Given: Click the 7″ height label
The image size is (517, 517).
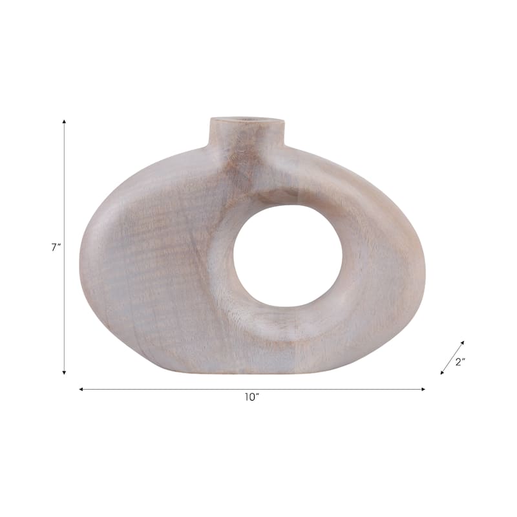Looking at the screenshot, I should click(56, 248).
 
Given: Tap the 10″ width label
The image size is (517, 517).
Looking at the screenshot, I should click(251, 397).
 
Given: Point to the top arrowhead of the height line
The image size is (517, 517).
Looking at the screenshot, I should click(64, 121).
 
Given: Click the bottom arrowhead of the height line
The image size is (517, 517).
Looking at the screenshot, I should click(64, 372).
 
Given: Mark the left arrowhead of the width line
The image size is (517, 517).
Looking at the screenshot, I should click(81, 389).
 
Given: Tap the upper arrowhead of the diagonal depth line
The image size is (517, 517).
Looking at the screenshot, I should click(463, 343).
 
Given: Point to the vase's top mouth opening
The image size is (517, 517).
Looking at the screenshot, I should click(247, 120).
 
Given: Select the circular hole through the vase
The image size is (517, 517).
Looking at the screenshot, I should click(288, 256).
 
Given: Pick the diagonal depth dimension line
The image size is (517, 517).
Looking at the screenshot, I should click(452, 357).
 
